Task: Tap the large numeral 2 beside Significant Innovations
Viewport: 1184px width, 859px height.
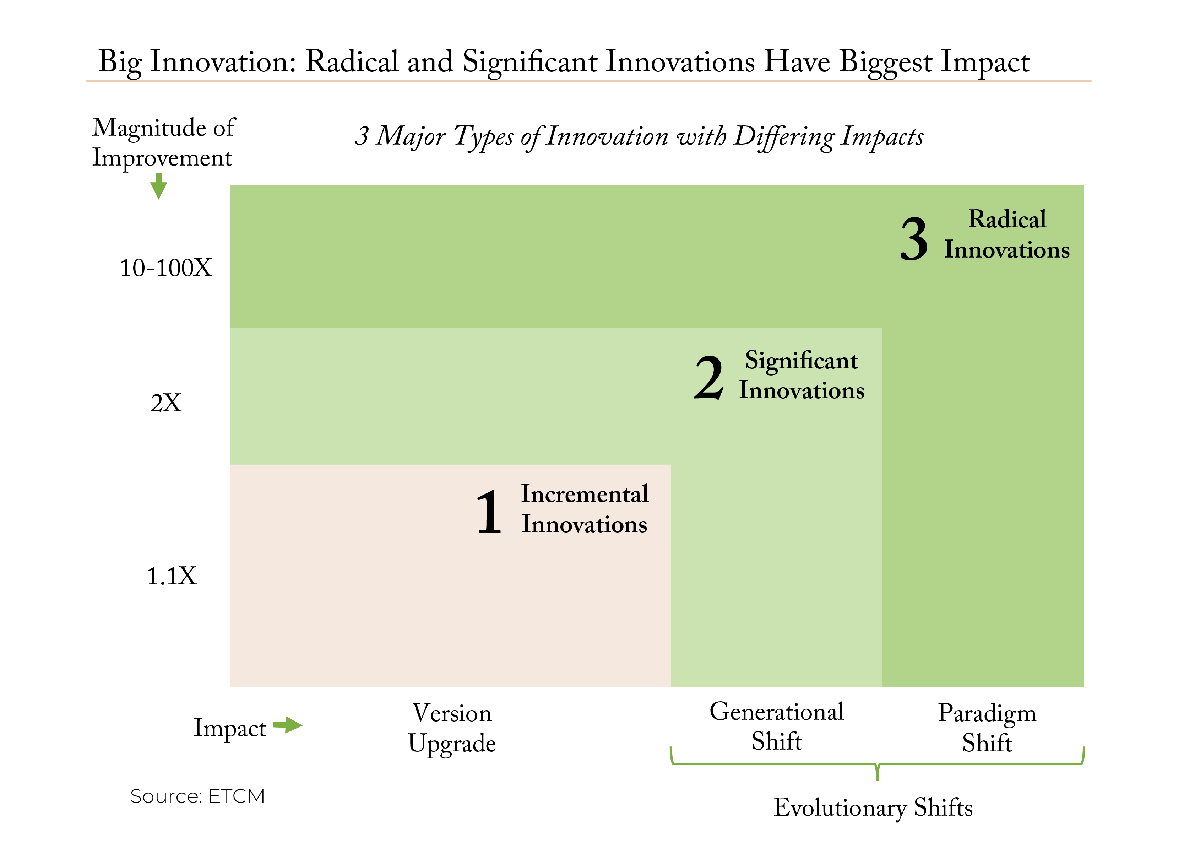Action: click(x=709, y=377)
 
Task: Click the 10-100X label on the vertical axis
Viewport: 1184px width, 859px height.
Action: click(x=166, y=268)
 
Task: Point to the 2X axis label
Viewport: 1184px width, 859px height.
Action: click(x=166, y=403)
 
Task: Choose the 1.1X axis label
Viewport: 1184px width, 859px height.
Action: click(x=172, y=577)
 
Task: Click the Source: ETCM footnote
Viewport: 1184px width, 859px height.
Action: click(x=197, y=796)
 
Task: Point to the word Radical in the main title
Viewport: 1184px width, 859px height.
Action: click(x=352, y=61)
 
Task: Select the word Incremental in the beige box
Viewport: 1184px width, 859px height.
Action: click(x=585, y=494)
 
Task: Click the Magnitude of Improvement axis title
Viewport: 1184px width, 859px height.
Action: click(x=164, y=142)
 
